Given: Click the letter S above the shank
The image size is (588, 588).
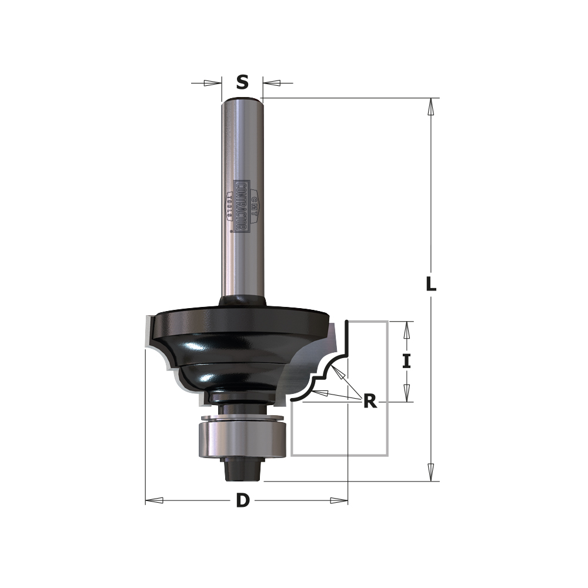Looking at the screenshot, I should pyautogui.click(x=242, y=83).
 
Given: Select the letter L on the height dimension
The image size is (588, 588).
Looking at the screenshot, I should pyautogui.click(x=431, y=285).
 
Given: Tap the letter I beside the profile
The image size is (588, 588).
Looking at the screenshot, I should pyautogui.click(x=406, y=361).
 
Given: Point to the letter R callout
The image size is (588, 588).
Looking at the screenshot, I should pyautogui.click(x=369, y=402).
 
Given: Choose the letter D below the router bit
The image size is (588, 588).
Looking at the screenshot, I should pyautogui.click(x=243, y=501).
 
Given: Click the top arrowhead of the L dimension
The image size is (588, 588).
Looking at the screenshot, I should pyautogui.click(x=431, y=106).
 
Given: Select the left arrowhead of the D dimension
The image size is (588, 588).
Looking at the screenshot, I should pyautogui.click(x=154, y=500).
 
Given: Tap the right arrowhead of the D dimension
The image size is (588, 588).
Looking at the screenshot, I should pyautogui.click(x=339, y=500).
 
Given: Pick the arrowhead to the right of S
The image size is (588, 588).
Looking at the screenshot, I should pyautogui.click(x=271, y=83).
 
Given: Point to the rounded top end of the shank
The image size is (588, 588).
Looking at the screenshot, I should pyautogui.click(x=242, y=101).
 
